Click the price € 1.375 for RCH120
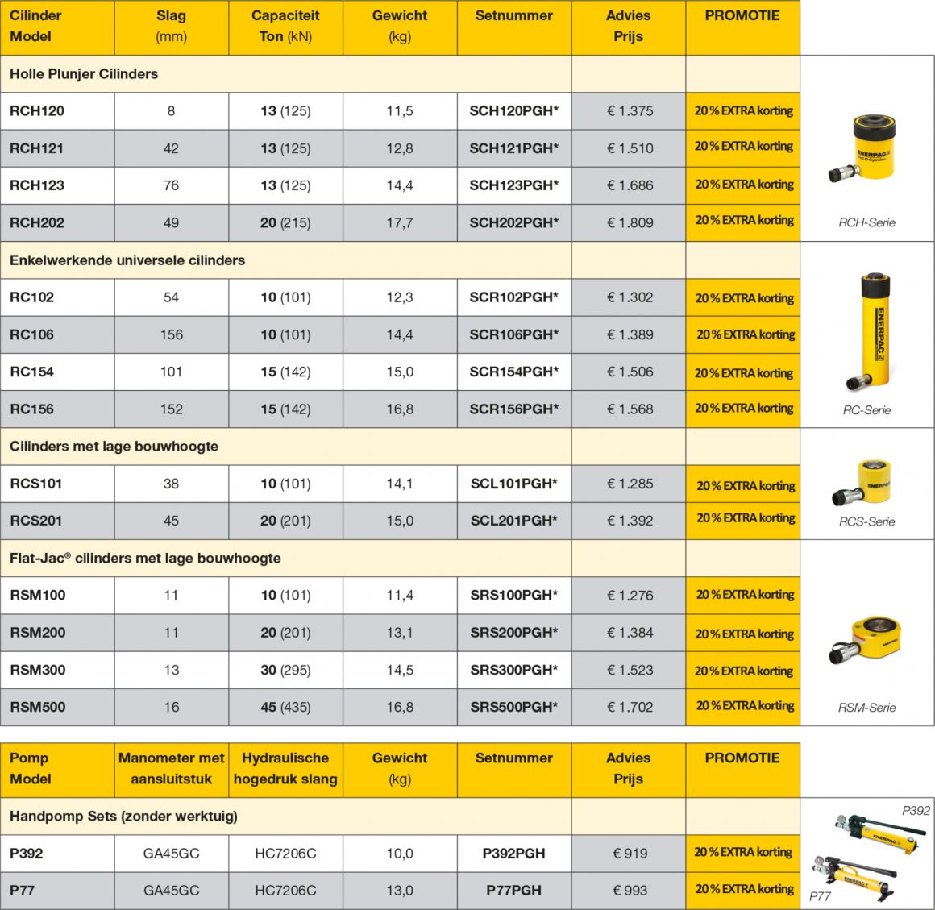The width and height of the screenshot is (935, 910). coord(630,111)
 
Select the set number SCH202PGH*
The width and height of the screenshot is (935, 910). coord(513,222)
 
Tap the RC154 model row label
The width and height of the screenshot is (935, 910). coord(32,372)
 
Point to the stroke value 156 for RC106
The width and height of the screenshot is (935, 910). coord(171,334)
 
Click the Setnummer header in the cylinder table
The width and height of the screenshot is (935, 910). coord(513,15)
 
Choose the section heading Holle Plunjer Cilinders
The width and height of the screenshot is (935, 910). coord(84,74)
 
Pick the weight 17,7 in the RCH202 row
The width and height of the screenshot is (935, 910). coord(400,222)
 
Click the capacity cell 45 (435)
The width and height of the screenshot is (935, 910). coord(285,707)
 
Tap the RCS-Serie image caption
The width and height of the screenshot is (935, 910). coord(866,521)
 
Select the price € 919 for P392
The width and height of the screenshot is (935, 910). coord(630,854)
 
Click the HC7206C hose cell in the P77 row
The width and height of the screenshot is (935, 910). coord(285,891)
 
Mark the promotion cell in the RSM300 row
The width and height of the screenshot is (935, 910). coord(743,671)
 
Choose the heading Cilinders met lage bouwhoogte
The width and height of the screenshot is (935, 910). coord(114,447)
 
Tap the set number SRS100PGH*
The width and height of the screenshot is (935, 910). coord(513,596)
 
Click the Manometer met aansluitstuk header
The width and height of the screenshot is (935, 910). coord(171,768)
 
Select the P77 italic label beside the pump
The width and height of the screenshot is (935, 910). coord(820,895)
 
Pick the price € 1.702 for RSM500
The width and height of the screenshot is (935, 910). coord(630,707)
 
